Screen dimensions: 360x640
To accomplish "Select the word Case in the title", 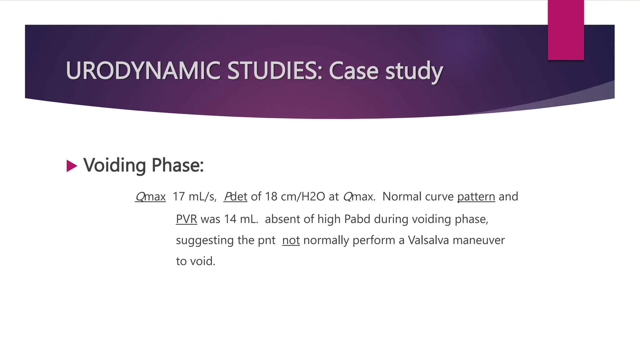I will pos(354,71).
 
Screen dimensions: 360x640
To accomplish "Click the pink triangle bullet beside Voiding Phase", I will pos(72,166).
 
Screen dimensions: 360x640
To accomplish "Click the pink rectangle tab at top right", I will pos(566,30).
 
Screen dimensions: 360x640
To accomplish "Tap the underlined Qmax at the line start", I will pos(150,197).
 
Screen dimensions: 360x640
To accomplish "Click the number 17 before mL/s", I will pos(179,197).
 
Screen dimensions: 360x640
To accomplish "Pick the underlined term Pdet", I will pos(235,197).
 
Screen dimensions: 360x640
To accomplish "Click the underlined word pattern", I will pos(476,197).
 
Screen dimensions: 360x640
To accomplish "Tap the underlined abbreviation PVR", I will pos(186,219).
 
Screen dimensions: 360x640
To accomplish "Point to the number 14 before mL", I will pos(230,219).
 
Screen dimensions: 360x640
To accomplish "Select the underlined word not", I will pos(291,240).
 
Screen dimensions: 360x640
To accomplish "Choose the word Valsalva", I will pos(428,240).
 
